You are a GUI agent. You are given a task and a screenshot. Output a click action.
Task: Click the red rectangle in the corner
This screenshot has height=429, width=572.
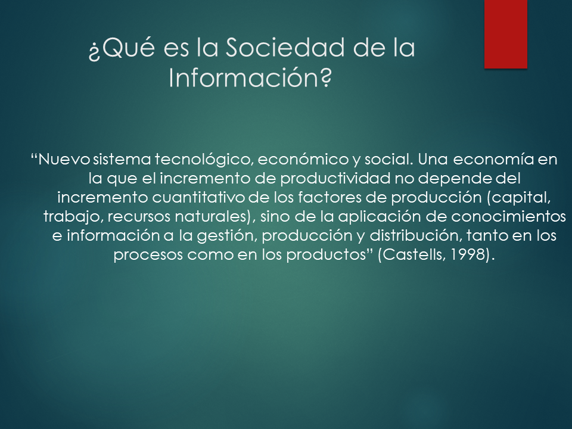coord(506,34)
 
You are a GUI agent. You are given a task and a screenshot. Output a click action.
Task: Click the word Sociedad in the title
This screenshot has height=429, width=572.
coord(285,48)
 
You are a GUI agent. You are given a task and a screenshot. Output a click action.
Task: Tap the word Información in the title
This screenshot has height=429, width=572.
coord(250,77)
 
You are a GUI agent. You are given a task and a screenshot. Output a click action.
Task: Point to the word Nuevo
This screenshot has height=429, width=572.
coord(64,160)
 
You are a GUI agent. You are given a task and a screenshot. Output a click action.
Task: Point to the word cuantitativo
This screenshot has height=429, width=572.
coord(198,198)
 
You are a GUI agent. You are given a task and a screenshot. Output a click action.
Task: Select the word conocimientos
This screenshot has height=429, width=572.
coord(508,217)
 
